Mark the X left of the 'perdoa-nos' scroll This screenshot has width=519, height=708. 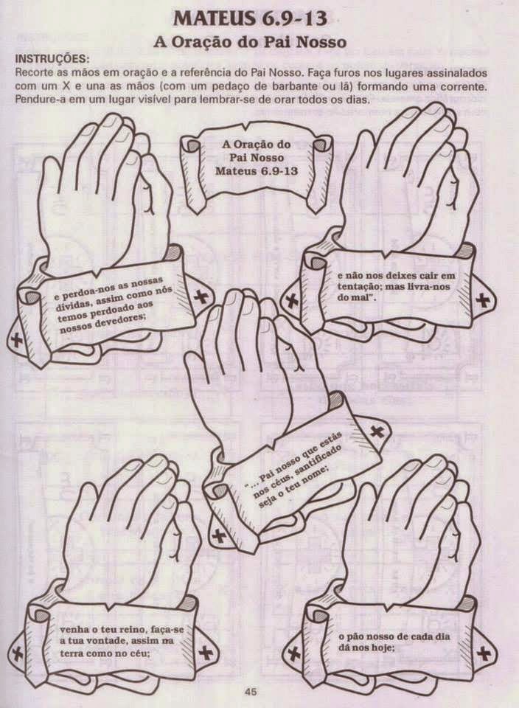(16, 339)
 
